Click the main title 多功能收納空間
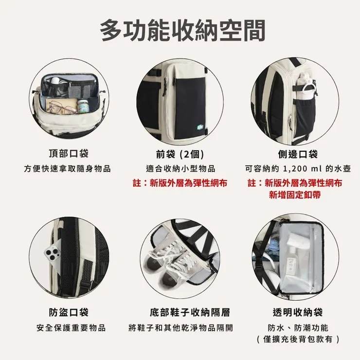182,30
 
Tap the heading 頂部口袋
69,154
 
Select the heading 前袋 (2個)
180,154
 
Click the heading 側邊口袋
298,154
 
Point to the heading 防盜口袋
69,312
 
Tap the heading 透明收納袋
298,312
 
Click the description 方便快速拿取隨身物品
68,169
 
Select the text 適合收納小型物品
180,169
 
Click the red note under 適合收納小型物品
180,183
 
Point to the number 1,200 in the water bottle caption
296,169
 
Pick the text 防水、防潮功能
298,327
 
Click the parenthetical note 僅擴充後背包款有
298,339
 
